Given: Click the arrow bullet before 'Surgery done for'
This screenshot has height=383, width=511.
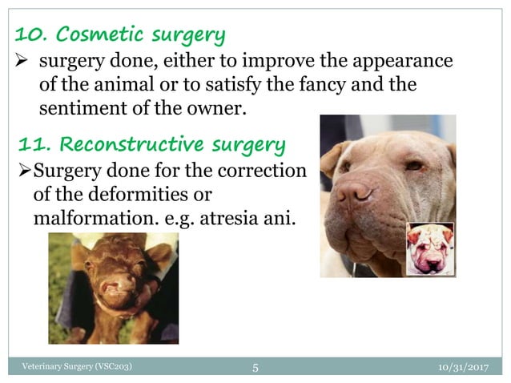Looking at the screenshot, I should pyautogui.click(x=25, y=171).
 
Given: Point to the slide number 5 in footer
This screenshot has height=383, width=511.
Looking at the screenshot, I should pyautogui.click(x=255, y=368).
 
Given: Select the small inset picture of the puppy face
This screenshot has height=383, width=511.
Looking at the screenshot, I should pyautogui.click(x=429, y=248).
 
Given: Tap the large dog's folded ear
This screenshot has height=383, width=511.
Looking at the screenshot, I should pyautogui.click(x=330, y=156).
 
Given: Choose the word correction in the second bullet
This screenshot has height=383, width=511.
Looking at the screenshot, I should pyautogui.click(x=265, y=171).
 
